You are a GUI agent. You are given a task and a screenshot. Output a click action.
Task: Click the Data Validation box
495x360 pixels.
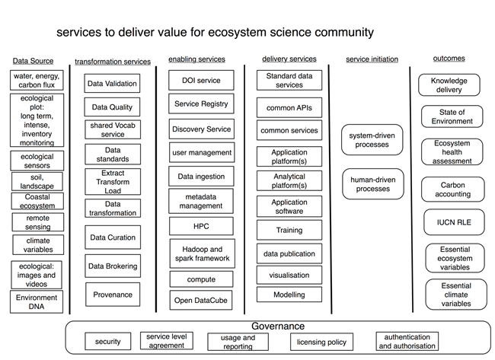[112, 84]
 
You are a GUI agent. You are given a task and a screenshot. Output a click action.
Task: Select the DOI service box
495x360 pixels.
[201, 80]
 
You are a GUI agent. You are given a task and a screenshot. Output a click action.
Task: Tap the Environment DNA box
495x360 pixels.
[36, 303]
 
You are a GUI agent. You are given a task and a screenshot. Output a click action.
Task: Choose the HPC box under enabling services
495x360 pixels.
[201, 227]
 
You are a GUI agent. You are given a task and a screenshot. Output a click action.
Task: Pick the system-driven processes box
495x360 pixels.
[372, 139]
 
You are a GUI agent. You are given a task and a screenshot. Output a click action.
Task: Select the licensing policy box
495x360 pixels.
[321, 342]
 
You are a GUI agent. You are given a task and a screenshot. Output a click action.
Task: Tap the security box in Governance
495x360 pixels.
[108, 342]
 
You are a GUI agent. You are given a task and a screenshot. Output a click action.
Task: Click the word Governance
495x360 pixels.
[278, 326]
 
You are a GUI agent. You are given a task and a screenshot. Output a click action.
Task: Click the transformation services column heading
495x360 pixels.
[113, 62]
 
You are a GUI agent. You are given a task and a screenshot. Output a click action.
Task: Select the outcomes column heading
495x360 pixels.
[449, 58]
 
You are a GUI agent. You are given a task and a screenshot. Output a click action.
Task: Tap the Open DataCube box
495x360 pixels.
[201, 300]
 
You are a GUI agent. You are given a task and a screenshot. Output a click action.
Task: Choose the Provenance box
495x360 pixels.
[112, 295]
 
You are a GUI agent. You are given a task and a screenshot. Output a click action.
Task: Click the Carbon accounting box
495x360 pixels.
[452, 189]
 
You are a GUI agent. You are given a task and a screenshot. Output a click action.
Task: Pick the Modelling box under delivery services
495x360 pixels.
[289, 295]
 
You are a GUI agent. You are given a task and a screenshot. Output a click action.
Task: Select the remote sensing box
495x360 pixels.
[36, 221]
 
